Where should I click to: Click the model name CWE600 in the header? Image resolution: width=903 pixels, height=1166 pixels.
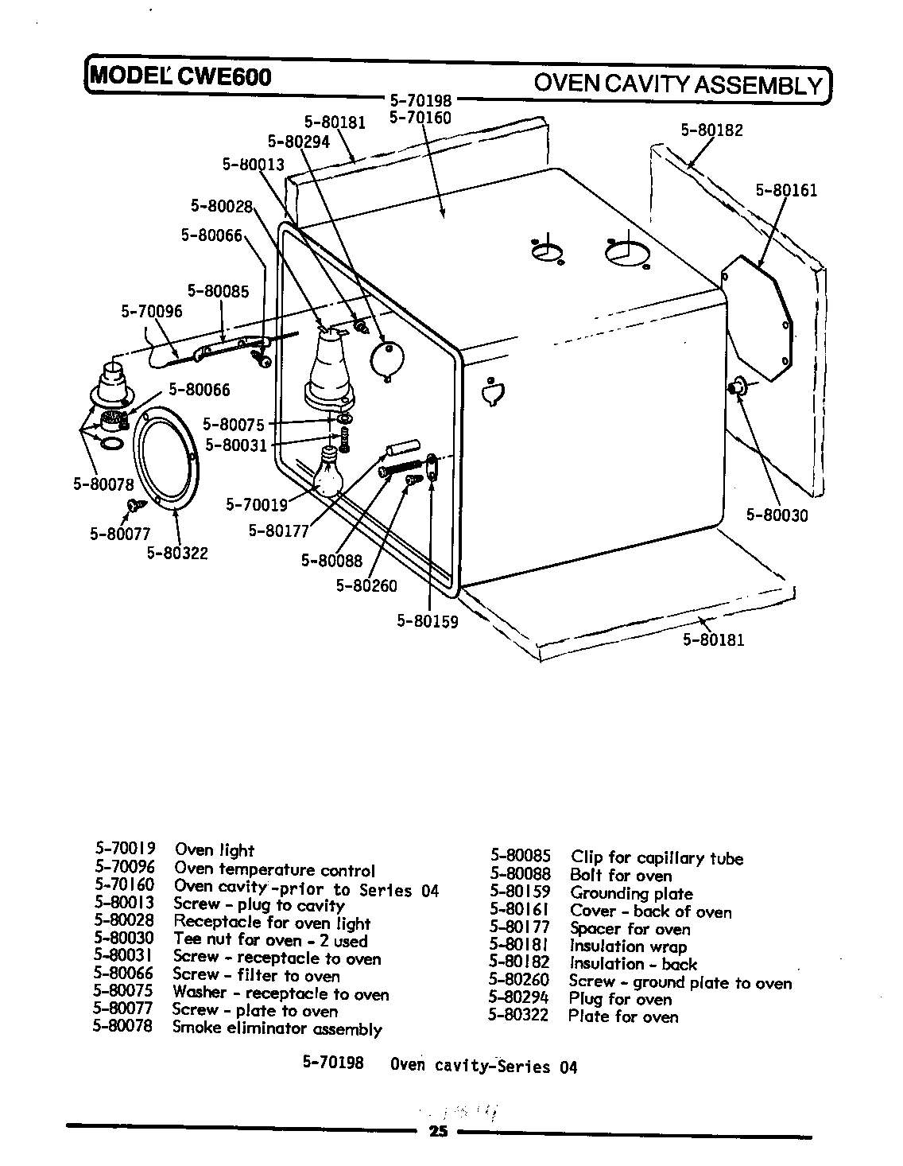tap(224, 76)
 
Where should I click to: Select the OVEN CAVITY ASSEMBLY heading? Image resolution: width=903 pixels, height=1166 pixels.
tap(677, 84)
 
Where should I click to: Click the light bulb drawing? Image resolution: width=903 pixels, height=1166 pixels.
tap(328, 474)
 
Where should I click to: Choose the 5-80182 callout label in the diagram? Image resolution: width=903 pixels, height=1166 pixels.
tap(711, 130)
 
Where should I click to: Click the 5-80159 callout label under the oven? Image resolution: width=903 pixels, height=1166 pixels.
tap(428, 621)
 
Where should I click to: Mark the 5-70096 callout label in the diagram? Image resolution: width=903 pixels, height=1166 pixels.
tap(151, 311)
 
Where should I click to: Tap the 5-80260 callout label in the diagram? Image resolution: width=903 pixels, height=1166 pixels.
tap(366, 586)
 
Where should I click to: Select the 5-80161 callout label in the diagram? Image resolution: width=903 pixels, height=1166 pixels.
tap(785, 190)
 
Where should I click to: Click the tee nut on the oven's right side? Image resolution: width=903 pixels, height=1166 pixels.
tap(735, 387)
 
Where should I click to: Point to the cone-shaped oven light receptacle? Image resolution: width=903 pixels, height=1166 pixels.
tap(327, 367)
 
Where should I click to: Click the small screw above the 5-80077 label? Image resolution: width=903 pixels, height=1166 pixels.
tap(133, 503)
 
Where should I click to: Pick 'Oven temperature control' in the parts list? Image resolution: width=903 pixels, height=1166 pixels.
tap(274, 870)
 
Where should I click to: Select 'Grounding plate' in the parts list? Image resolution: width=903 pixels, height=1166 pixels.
tap(631, 893)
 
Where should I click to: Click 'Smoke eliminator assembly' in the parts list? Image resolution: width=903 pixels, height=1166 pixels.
tap(277, 1028)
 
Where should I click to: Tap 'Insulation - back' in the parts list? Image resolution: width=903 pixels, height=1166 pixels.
tap(633, 964)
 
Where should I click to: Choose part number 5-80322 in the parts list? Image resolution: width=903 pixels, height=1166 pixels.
tap(518, 1016)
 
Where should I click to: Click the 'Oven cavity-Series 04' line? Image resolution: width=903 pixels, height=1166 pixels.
tap(483, 1066)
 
